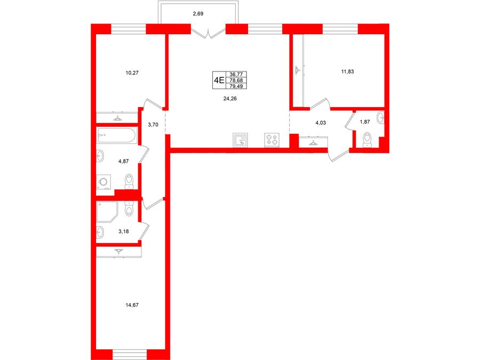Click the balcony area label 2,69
pyautogui.click(x=198, y=14)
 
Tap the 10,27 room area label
pyautogui.click(x=132, y=73)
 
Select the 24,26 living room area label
pyautogui.click(x=230, y=99)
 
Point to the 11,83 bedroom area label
pyautogui.click(x=347, y=71)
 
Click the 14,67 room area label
pyautogui.click(x=132, y=305)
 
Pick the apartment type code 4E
pyautogui.click(x=219, y=80)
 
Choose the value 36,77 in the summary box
pyautogui.click(x=236, y=74)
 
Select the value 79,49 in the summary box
pyautogui.click(x=236, y=86)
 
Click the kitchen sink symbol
pyautogui.click(x=240, y=140)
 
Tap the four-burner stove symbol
pyautogui.click(x=272, y=140)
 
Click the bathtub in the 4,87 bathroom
pyautogui.click(x=117, y=135)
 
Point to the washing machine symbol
pyautogui.click(x=104, y=182)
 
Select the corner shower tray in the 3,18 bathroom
pyautogui.click(x=107, y=212)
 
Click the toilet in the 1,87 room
pyautogui.click(x=367, y=140)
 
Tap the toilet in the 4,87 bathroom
pyautogui.click(x=130, y=181)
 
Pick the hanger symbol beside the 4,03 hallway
pyautogui.click(x=313, y=142)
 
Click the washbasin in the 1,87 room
pyautogui.click(x=380, y=117)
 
